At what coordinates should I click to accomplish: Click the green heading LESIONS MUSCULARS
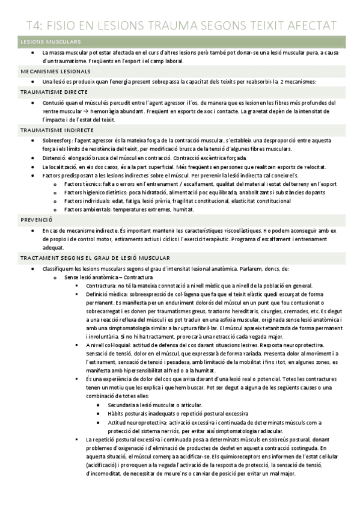point(50,41)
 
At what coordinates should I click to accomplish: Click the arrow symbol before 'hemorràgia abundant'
point(106,111)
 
